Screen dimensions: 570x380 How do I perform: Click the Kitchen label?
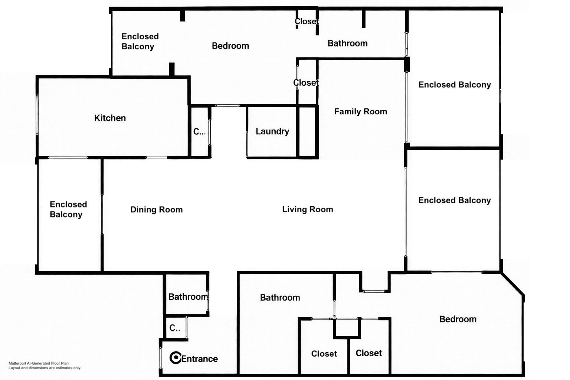[110, 118]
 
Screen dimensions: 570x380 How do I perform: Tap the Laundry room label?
[272, 132]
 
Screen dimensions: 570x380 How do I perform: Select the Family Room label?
[361, 111]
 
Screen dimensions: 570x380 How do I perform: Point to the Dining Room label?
[157, 209]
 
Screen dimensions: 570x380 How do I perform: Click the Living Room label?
[308, 209]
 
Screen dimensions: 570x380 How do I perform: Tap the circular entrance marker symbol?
[175, 358]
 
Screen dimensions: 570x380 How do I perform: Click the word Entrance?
[200, 359]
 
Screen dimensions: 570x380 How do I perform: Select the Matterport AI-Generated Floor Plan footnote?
[45, 366]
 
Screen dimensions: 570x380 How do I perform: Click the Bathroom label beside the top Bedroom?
[348, 43]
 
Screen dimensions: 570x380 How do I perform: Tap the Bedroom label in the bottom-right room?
[458, 319]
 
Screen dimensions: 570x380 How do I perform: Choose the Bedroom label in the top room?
[230, 46]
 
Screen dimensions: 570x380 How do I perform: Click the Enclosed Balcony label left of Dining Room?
[68, 209]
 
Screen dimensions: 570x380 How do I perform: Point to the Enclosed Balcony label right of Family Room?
[455, 85]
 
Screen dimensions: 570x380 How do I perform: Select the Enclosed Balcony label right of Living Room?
[455, 200]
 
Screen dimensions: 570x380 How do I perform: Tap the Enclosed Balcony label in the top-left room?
[140, 42]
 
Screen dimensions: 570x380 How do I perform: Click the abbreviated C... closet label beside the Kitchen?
[200, 132]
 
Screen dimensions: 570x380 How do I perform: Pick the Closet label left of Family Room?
[306, 83]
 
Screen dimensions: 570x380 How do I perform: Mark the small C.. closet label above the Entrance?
[175, 328]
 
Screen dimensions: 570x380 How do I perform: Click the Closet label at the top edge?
[307, 22]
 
